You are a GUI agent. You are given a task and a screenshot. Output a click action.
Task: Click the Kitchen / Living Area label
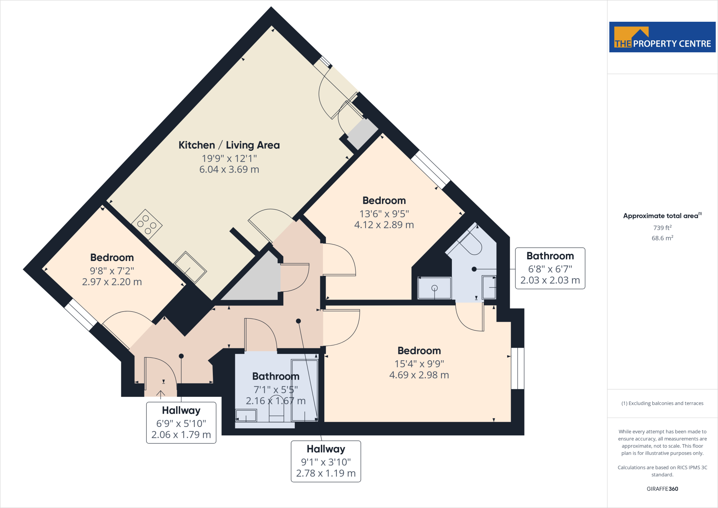[229, 145]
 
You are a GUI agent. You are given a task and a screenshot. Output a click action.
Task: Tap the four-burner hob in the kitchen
[147, 224]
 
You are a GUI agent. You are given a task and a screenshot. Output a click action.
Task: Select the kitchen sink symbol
[190, 267]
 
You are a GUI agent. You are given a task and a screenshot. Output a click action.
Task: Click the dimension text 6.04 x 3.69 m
[229, 169]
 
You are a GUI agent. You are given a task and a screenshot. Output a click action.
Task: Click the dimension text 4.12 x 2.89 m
[384, 225]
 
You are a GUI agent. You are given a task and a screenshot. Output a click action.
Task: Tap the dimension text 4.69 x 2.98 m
[419, 375]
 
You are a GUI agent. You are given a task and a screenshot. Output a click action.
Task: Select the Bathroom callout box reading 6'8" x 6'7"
[550, 268]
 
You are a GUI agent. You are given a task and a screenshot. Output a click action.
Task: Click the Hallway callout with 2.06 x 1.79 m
[181, 423]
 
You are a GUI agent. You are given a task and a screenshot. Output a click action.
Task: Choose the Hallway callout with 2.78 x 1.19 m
[326, 461]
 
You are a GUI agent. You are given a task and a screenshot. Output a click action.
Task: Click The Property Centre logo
[662, 37]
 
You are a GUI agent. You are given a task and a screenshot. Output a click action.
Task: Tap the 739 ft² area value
[662, 228]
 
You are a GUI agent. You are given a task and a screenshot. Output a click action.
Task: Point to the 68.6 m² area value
[662, 238]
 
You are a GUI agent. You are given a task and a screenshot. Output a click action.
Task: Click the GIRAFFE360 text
[662, 489]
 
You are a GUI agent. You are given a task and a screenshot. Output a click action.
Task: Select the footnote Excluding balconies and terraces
[662, 403]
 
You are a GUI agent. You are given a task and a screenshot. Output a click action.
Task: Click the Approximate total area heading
[662, 216]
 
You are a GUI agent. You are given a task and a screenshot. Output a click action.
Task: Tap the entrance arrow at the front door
[161, 394]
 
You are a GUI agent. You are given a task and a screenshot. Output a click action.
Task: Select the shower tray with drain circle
[434, 288]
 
